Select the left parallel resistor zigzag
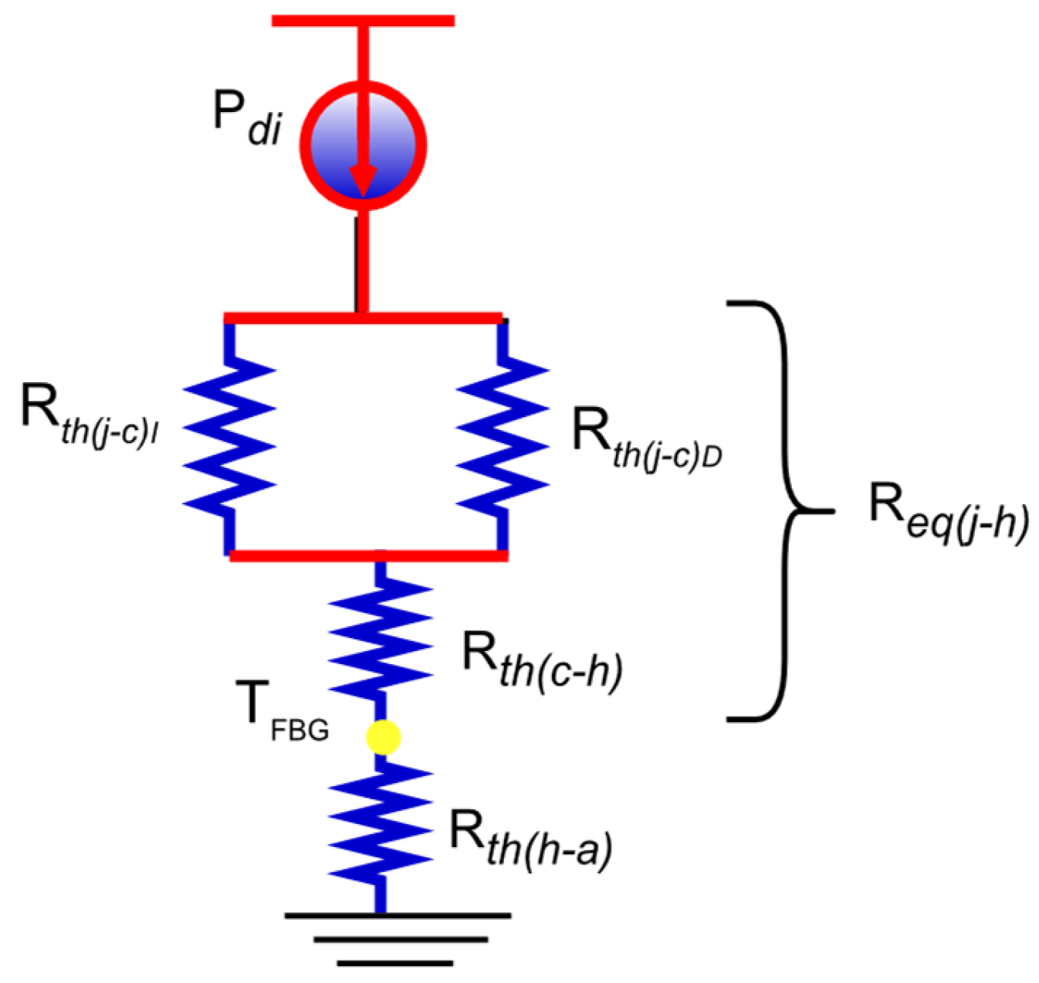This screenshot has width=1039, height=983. click(229, 436)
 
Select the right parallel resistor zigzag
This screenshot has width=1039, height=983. click(503, 436)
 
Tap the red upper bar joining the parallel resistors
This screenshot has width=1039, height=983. click(363, 317)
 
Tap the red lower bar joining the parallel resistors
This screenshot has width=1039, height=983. click(368, 555)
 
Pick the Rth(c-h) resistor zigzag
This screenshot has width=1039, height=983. click(380, 633)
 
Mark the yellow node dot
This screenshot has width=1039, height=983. click(383, 737)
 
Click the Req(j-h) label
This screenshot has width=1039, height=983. click(949, 514)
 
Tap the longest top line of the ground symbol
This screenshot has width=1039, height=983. click(398, 916)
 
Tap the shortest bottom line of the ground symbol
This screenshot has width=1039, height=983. click(394, 963)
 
